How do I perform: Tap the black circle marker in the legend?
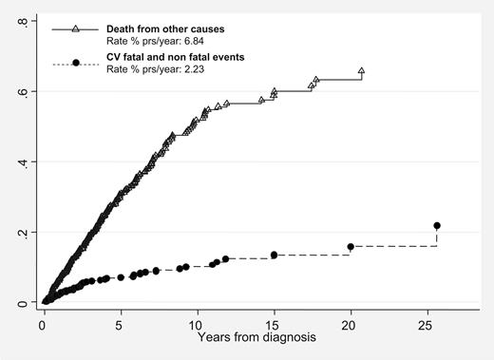tap(74, 63)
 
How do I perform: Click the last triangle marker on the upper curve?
tap(361, 71)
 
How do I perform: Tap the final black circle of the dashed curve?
tap(437, 226)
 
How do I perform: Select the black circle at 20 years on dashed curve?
tap(351, 247)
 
